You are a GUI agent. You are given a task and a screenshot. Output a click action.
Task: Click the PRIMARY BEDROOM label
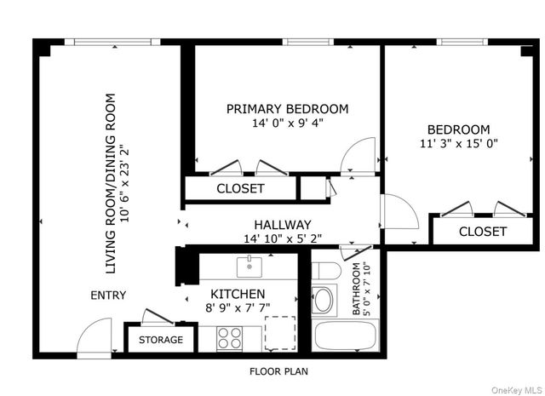pyautogui.click(x=287, y=109)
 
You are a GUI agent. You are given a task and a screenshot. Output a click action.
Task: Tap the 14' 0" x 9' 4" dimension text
pyautogui.click(x=287, y=123)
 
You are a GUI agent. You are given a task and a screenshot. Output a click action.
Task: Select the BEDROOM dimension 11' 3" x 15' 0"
pyautogui.click(x=458, y=143)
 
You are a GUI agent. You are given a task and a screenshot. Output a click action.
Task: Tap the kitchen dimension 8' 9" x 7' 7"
pyautogui.click(x=238, y=308)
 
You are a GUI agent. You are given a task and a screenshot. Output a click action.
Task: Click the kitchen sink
pyautogui.click(x=250, y=267)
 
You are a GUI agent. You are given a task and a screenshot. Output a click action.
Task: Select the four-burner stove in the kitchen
pyautogui.click(x=230, y=336)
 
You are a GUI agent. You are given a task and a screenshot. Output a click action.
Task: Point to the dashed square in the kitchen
pyautogui.click(x=279, y=332)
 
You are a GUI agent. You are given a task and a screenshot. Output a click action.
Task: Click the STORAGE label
pyautogui.click(x=161, y=340)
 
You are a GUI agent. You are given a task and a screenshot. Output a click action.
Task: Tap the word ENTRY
pyautogui.click(x=108, y=296)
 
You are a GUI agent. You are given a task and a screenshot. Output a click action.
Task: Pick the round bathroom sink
pyautogui.click(x=324, y=301)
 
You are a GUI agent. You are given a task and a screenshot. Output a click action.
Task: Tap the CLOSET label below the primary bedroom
pyautogui.click(x=240, y=188)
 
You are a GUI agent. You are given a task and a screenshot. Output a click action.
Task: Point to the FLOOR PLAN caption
pyautogui.click(x=278, y=371)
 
